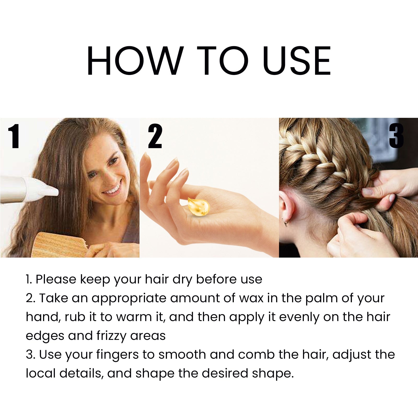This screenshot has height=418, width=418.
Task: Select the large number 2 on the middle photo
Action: tap(155, 136)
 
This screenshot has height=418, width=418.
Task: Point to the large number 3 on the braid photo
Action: tap(396, 136)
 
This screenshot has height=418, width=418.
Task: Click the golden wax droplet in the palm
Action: tap(199, 206)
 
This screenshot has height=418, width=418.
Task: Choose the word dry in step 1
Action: tap(182, 280)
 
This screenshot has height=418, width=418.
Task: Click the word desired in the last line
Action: tap(225, 373)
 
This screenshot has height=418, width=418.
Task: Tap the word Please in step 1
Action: tap(56, 279)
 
